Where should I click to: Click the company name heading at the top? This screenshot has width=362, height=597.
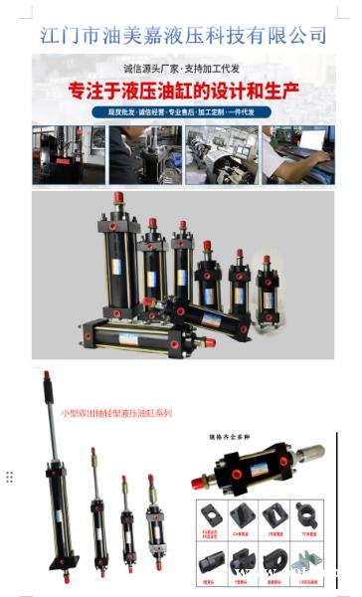tap(183, 35)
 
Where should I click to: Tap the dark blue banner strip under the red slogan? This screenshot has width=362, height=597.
tap(183, 112)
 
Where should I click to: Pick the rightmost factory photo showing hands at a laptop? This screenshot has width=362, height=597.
tap(297, 154)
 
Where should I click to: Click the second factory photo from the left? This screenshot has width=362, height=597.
tap(144, 154)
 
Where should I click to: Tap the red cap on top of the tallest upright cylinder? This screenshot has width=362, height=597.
tap(118, 198)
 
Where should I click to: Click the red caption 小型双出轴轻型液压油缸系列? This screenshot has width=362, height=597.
tap(115, 412)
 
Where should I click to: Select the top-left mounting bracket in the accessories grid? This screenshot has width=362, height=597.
tap(212, 514)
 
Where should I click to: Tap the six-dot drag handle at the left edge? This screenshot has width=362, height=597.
tap(9, 477)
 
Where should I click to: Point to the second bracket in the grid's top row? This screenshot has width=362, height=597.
tap(242, 514)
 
